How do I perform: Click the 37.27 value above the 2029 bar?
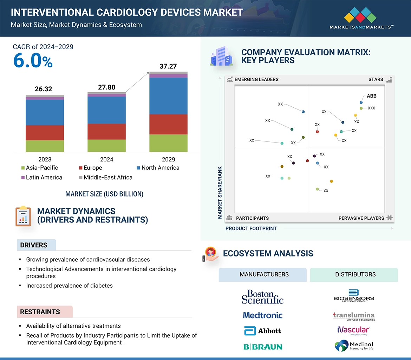click(168, 66)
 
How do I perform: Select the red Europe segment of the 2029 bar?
click(168, 124)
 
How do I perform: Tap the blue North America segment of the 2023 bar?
click(45, 112)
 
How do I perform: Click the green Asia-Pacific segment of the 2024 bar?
click(106, 146)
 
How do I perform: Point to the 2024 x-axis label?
click(106, 159)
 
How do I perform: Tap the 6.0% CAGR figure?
click(33, 61)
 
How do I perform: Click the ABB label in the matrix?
click(371, 96)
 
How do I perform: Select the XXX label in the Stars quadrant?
click(371, 108)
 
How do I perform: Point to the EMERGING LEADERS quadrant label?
click(256, 79)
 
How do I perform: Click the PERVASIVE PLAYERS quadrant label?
click(361, 218)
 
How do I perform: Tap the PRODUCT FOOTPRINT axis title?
click(251, 228)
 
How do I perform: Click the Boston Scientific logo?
click(262, 297)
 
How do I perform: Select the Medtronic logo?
click(262, 315)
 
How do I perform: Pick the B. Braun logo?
click(262, 347)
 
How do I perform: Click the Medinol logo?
click(354, 346)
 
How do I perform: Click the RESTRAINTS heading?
click(40, 312)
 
